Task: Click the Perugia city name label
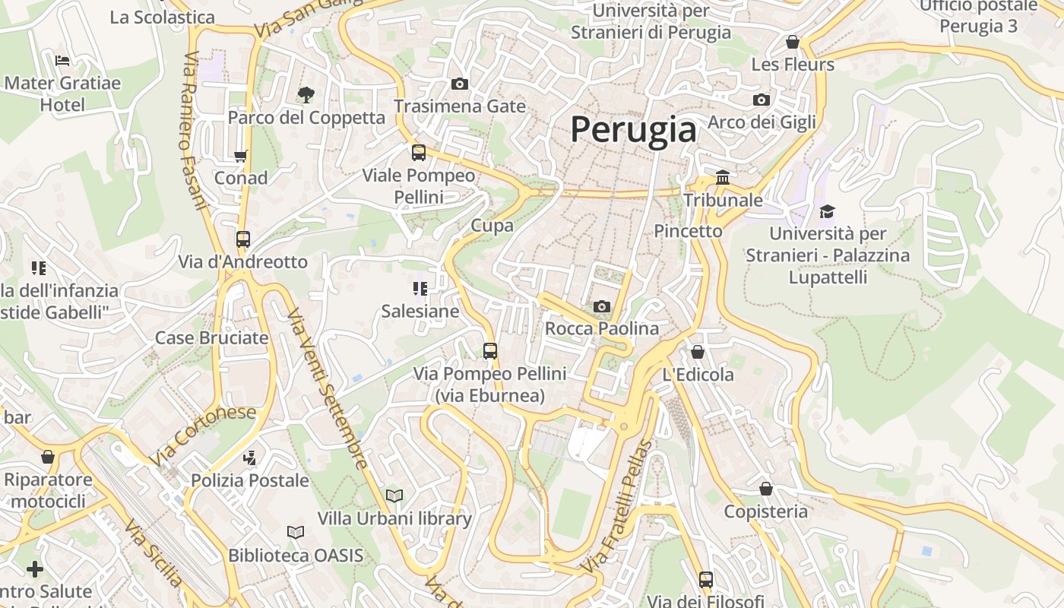pyautogui.click(x=633, y=129)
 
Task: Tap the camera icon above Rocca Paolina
pyautogui.click(x=601, y=306)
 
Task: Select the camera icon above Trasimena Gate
pyautogui.click(x=459, y=84)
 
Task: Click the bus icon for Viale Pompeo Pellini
pyautogui.click(x=418, y=153)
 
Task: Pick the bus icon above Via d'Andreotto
pyautogui.click(x=243, y=239)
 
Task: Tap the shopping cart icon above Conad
pyautogui.click(x=241, y=156)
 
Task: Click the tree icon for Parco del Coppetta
pyautogui.click(x=306, y=95)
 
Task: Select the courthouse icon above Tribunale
pyautogui.click(x=722, y=178)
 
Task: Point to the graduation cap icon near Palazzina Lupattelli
pyautogui.click(x=827, y=211)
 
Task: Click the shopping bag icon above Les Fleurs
pyautogui.click(x=793, y=42)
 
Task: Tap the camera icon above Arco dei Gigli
pyautogui.click(x=761, y=100)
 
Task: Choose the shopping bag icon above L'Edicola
pyautogui.click(x=697, y=352)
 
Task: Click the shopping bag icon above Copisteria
pyautogui.click(x=765, y=489)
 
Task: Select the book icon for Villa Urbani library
pyautogui.click(x=394, y=496)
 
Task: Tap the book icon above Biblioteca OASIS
pyautogui.click(x=296, y=533)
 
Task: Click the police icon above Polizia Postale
pyautogui.click(x=249, y=458)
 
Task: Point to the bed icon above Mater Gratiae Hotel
pyautogui.click(x=62, y=60)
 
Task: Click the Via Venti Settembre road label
pyautogui.click(x=327, y=388)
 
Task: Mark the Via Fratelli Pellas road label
pyautogui.click(x=616, y=508)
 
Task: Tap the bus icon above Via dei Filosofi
pyautogui.click(x=706, y=580)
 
